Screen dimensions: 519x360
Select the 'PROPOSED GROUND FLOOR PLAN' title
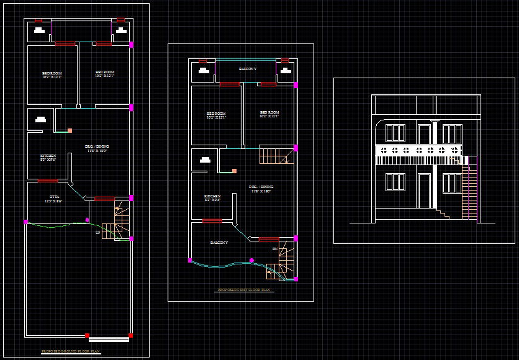tap(70, 352)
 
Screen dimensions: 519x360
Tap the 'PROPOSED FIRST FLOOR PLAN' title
tap(244, 290)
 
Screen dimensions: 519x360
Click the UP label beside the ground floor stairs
tap(97, 233)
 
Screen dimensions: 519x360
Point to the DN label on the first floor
tap(274, 249)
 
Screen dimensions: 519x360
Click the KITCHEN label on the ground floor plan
tap(48, 156)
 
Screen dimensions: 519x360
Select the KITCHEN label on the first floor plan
tap(212, 197)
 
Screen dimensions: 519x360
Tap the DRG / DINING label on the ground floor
tap(97, 146)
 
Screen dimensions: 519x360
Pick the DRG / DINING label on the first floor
tap(261, 187)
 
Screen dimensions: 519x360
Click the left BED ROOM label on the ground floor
tap(52, 74)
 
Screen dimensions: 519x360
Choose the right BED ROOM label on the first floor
tap(269, 113)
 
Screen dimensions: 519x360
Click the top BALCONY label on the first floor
tap(247, 69)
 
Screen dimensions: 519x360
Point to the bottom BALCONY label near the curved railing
tap(219, 243)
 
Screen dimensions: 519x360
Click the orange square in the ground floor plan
tap(70, 130)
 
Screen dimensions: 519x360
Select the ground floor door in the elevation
tap(424, 191)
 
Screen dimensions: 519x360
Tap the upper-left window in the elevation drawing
tap(395, 133)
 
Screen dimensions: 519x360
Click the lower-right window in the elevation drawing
tap(451, 183)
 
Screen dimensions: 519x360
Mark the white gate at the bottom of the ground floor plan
tap(109, 339)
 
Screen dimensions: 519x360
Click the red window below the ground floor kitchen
tap(48, 181)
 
